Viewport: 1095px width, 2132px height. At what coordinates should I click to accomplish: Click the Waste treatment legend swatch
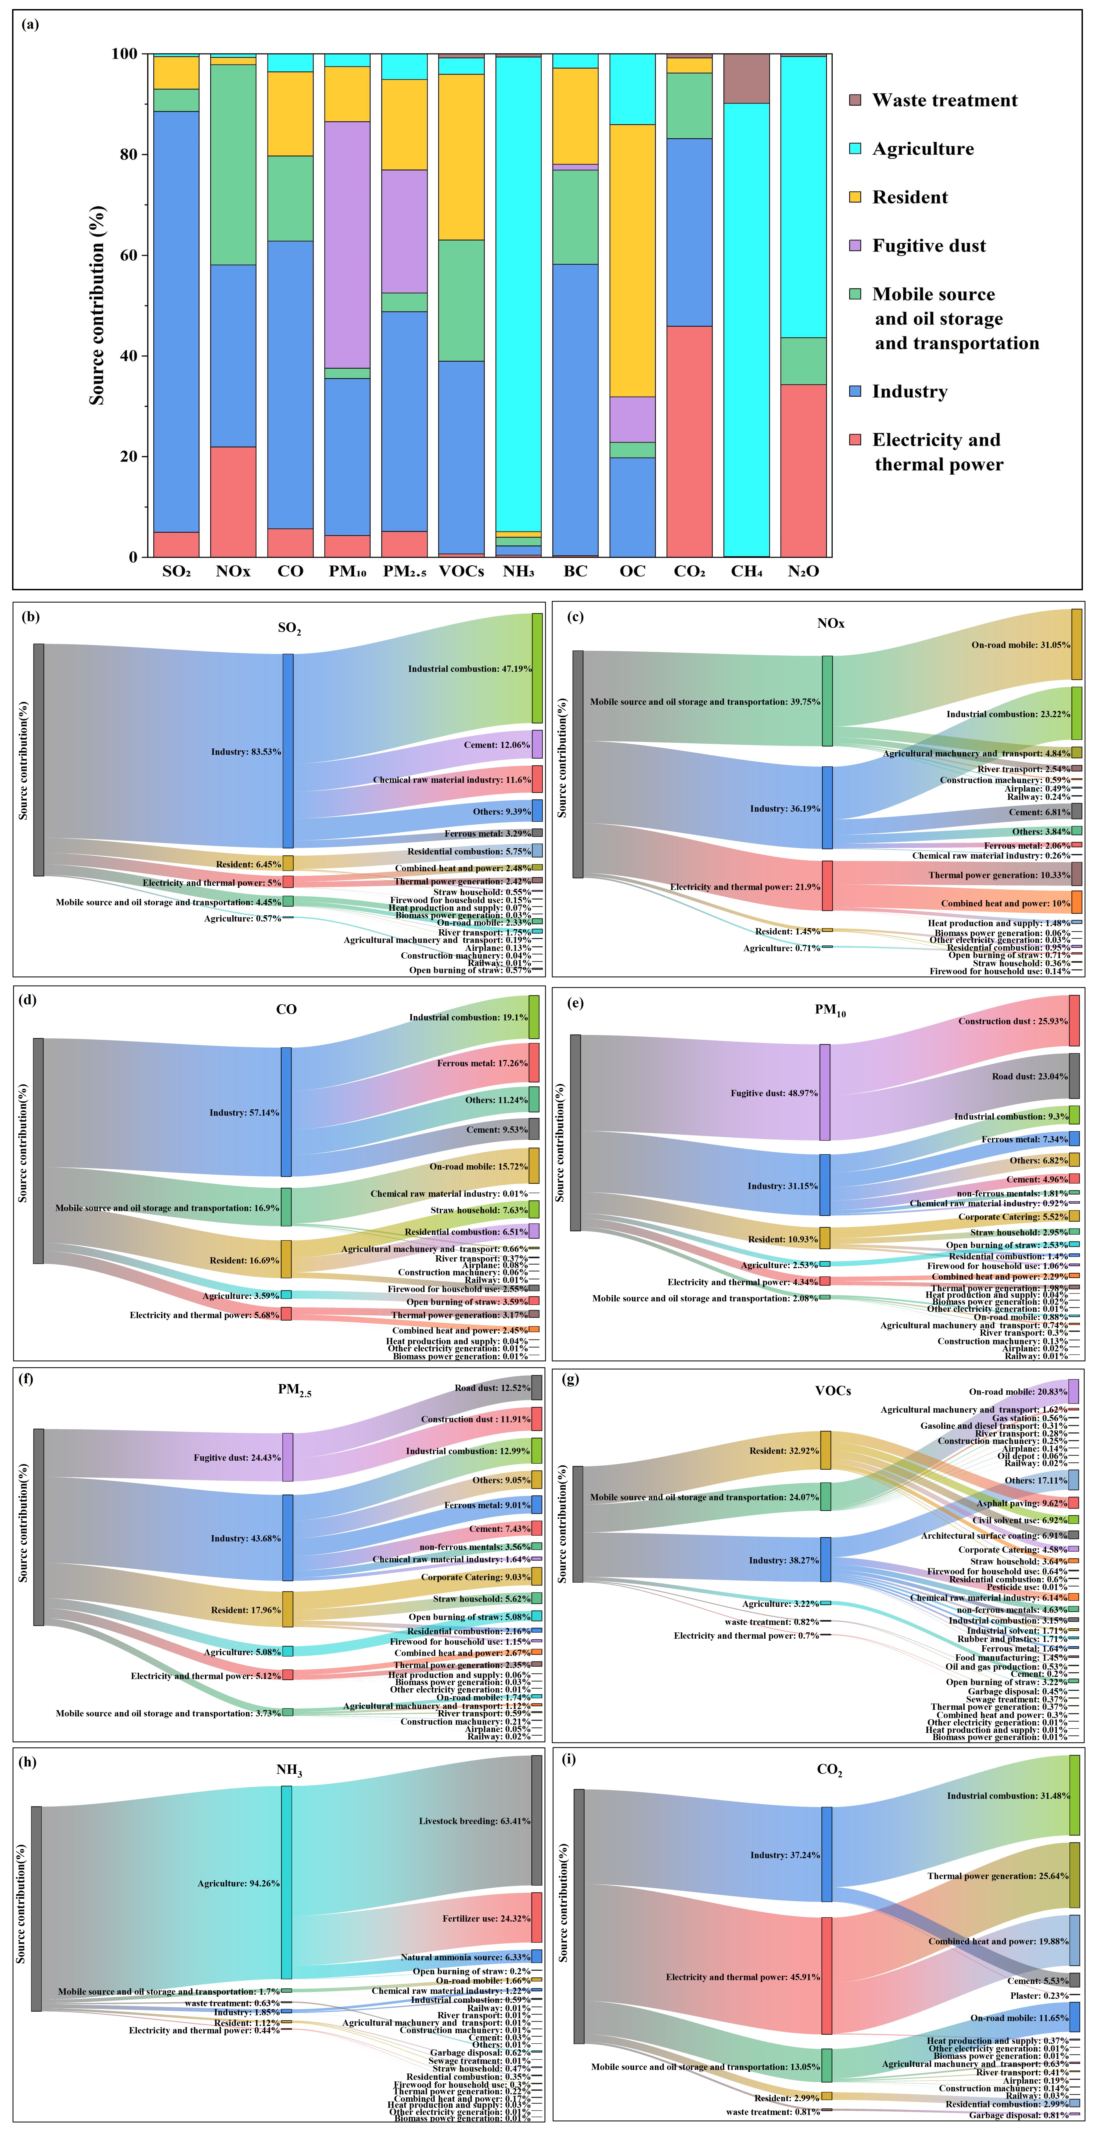(856, 100)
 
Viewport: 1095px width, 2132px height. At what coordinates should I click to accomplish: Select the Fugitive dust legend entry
(929, 246)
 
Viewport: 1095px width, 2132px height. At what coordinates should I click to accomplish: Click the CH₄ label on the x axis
(747, 571)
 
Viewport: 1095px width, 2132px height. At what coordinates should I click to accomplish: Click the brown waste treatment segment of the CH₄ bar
(747, 79)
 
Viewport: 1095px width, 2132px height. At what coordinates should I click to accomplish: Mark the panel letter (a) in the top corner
(30, 24)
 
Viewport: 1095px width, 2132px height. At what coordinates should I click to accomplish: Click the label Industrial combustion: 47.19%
(469, 669)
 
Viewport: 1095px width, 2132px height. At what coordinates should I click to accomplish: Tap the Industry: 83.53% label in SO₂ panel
(246, 752)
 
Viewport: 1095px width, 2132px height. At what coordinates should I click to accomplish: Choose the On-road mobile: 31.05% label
(1021, 645)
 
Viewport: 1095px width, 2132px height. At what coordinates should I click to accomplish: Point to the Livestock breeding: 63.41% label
(474, 1821)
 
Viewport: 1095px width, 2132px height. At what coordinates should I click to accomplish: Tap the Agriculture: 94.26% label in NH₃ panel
(238, 1884)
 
